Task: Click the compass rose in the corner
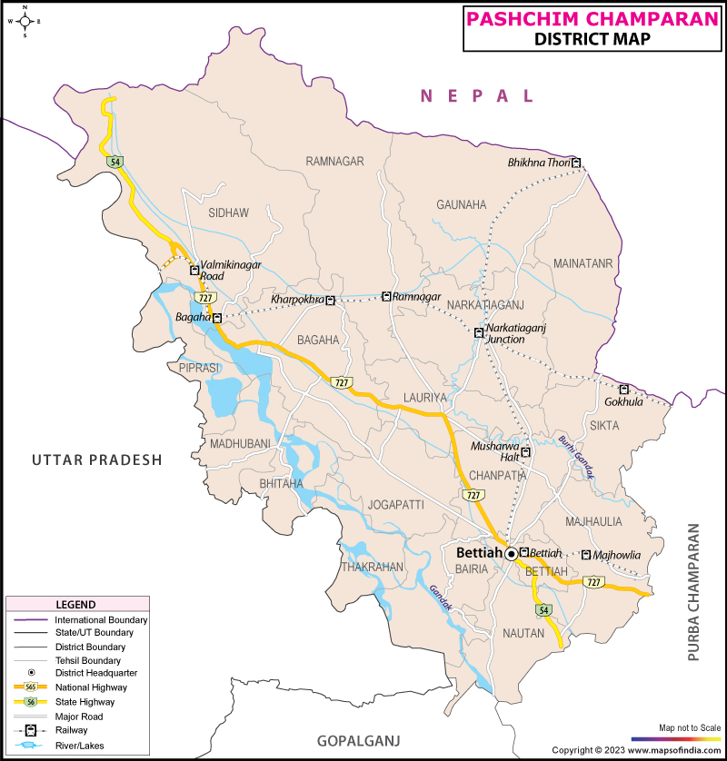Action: point(25,21)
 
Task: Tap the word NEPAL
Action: point(476,96)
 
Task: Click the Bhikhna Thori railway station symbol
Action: point(576,163)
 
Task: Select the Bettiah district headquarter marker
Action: point(512,553)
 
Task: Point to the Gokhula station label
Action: point(623,401)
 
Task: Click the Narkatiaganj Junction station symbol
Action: point(478,333)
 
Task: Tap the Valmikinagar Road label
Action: point(231,270)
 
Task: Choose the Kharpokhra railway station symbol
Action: point(331,300)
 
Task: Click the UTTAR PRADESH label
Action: point(96,460)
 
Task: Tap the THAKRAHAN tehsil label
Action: point(372,567)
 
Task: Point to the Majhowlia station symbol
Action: point(586,555)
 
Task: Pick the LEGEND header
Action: point(76,605)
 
